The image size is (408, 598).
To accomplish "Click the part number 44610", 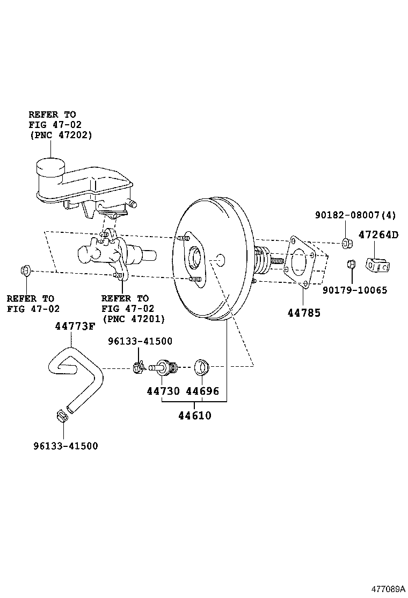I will click(195, 415).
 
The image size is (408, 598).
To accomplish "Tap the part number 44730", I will click(163, 391).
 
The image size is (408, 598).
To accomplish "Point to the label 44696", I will click(202, 391).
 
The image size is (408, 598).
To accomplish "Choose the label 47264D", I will click(378, 235).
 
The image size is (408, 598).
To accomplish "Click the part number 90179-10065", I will click(355, 290).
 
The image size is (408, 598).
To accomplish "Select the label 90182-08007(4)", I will click(355, 215).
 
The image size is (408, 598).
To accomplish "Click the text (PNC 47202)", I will click(60, 134).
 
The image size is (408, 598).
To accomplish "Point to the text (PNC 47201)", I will click(133, 318).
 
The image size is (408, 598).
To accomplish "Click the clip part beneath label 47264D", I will click(377, 265).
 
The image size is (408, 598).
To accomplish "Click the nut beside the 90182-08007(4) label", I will click(346, 243).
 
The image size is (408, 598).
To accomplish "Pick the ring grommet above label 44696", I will click(202, 367).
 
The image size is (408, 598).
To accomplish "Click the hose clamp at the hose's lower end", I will click(61, 416).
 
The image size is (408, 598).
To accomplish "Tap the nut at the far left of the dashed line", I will click(25, 270).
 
